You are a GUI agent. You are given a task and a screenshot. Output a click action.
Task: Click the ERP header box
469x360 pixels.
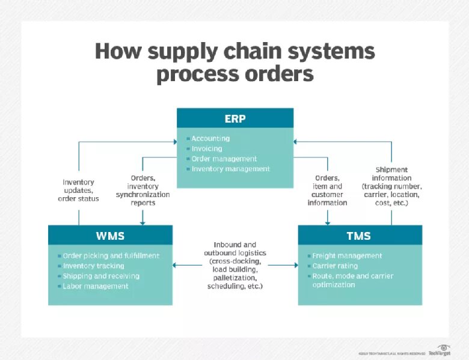coord(234,118)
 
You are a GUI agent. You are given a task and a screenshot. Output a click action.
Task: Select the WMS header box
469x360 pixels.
coord(110,236)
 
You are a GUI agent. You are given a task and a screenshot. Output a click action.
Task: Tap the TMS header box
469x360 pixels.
coord(359,236)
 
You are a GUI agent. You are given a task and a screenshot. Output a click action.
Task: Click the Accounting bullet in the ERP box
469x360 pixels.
coord(210,139)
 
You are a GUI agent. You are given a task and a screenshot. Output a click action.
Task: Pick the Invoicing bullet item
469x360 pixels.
coord(206,148)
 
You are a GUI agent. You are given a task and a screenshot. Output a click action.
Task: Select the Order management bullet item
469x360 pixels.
coord(224,159)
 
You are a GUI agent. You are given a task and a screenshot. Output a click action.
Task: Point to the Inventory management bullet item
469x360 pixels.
coord(230,169)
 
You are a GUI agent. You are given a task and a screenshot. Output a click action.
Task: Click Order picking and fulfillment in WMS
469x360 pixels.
coord(111,255)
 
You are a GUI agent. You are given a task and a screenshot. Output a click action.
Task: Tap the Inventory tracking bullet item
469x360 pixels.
coord(93,266)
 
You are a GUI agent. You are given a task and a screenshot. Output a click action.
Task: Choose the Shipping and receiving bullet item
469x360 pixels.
coord(101,276)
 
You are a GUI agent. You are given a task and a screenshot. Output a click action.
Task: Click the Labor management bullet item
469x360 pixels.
coord(96,286)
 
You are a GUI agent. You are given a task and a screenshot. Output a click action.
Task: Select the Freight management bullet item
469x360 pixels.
coord(347,255)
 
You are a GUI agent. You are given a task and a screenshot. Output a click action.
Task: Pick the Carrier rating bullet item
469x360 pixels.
coord(334,266)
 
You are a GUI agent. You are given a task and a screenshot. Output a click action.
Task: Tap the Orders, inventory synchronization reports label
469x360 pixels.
coord(143,191)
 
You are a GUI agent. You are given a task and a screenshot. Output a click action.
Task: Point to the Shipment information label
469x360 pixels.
coord(391,186)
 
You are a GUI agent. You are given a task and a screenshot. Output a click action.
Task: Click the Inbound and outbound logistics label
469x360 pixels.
coord(234,266)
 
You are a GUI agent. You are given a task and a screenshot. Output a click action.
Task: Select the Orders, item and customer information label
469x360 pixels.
coord(327,191)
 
